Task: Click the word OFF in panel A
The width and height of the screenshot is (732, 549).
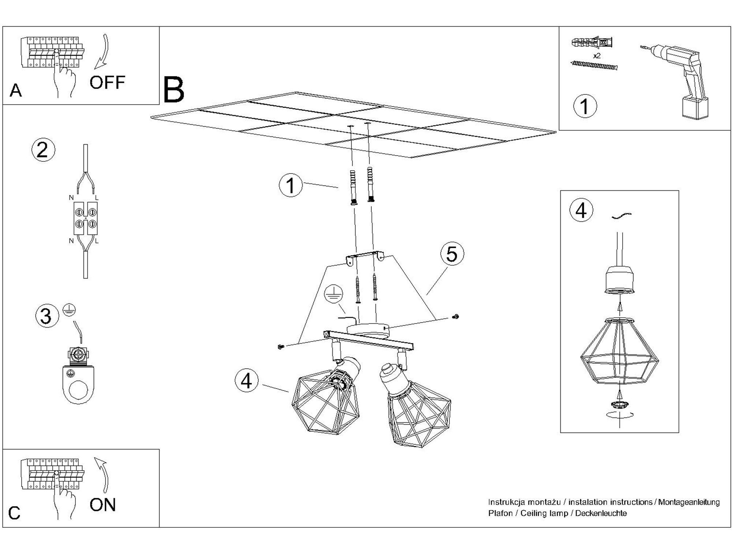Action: pos(107,83)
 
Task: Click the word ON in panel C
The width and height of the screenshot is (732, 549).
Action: pos(103,505)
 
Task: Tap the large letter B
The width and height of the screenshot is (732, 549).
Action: pos(173,89)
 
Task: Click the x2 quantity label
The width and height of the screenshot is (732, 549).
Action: pos(597,56)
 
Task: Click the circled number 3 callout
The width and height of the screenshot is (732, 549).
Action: pos(46,315)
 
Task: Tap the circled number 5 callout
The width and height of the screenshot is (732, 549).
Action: pos(452,254)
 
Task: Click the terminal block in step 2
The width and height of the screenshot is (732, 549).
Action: pos(86,218)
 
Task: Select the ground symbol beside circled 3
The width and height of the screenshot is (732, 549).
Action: pos(69,310)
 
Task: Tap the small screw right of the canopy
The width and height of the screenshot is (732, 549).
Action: pos(456,316)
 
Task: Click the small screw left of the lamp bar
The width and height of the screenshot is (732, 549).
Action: pos(281,346)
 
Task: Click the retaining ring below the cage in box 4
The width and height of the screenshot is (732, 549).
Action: pos(619,404)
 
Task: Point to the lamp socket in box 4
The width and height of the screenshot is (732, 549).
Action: pos(619,280)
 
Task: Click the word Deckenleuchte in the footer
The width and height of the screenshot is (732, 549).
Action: pos(601,513)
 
